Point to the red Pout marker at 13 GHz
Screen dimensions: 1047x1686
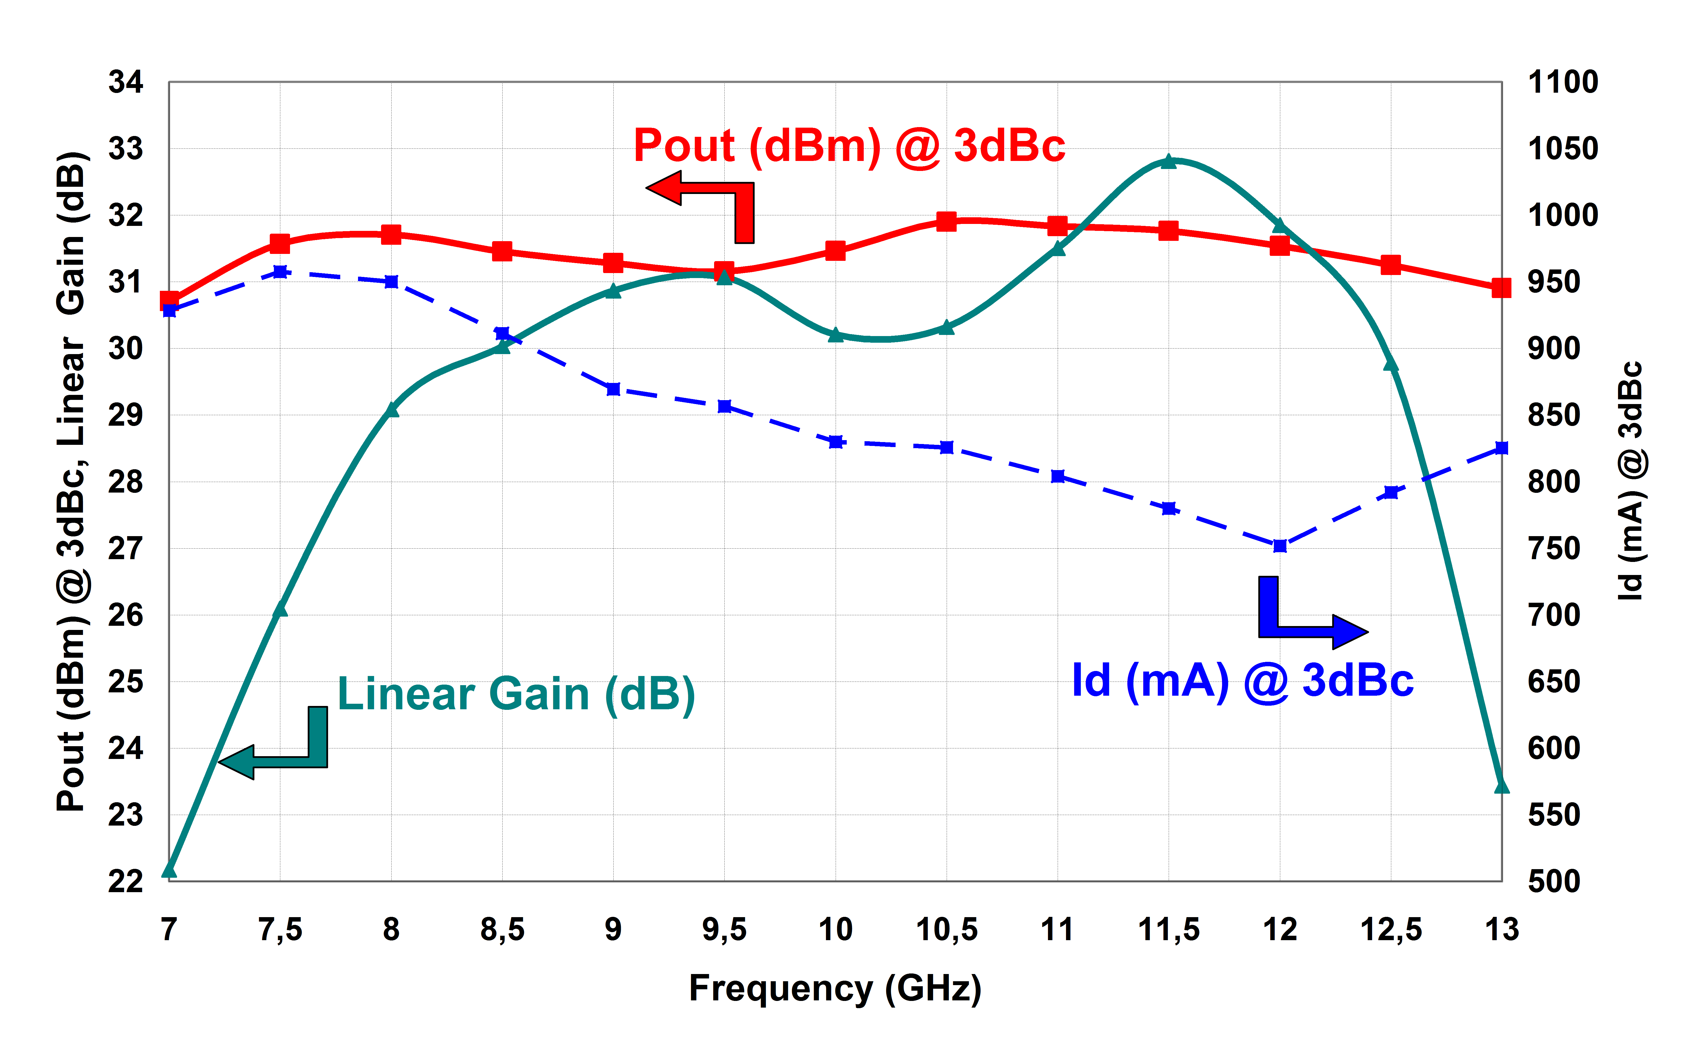(x=1501, y=288)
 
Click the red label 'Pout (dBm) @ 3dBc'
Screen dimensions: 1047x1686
(x=849, y=146)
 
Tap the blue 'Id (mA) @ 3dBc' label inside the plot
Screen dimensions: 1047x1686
(x=1242, y=681)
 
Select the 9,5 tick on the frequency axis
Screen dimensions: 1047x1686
(x=724, y=929)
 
